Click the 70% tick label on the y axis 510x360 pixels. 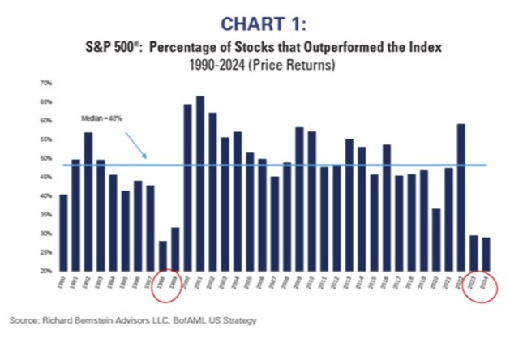[x=46, y=83]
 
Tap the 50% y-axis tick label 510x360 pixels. [x=46, y=158]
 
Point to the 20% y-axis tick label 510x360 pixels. [x=46, y=271]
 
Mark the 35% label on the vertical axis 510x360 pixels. [x=46, y=214]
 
